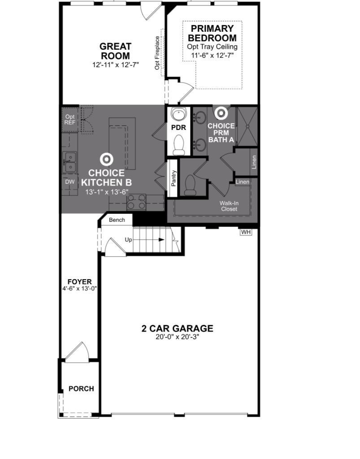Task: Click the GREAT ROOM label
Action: (115, 51)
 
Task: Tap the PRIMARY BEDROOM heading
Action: (212, 33)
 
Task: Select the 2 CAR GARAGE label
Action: (177, 329)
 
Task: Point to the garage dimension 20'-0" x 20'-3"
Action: (177, 337)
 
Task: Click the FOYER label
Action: (79, 282)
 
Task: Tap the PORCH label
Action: (81, 389)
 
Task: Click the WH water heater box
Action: (246, 232)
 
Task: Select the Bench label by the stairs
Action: (117, 220)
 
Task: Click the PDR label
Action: (178, 127)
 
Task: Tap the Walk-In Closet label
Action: (229, 206)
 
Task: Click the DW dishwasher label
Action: (69, 182)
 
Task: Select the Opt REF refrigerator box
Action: (69, 119)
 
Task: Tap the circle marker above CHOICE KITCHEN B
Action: (106, 159)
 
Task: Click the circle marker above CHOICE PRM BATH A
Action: (221, 113)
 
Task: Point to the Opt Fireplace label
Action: (157, 53)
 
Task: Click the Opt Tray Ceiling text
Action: (212, 47)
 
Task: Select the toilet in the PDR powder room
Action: (179, 145)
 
